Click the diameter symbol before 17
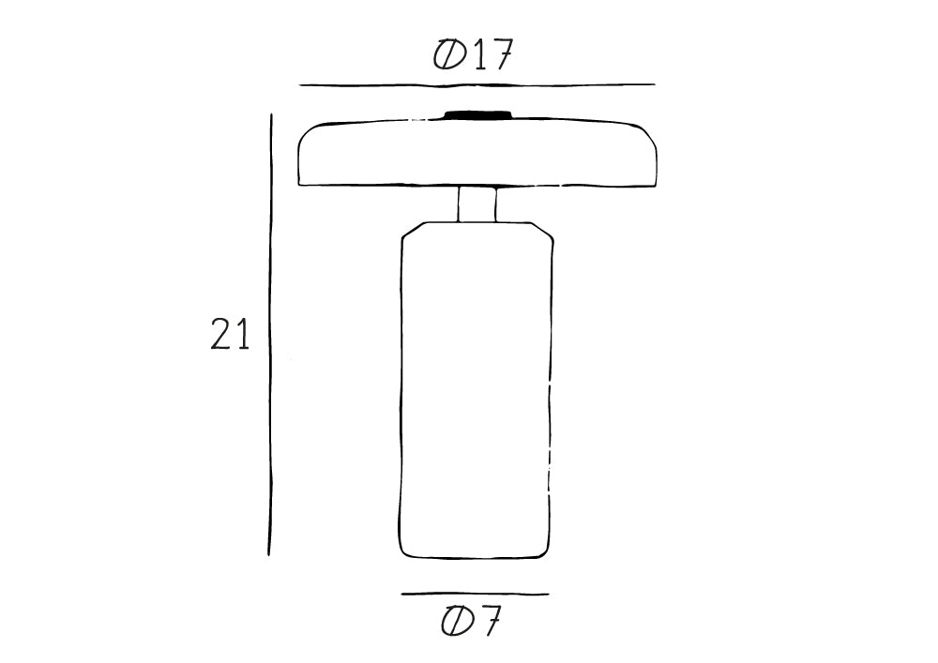point(450,55)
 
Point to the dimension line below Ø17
point(477,85)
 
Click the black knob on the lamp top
point(478,114)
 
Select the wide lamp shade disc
point(478,153)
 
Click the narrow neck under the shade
point(477,204)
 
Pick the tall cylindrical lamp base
point(477,390)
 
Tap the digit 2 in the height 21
point(220,334)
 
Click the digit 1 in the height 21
point(242,334)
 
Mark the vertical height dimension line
point(270,335)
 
